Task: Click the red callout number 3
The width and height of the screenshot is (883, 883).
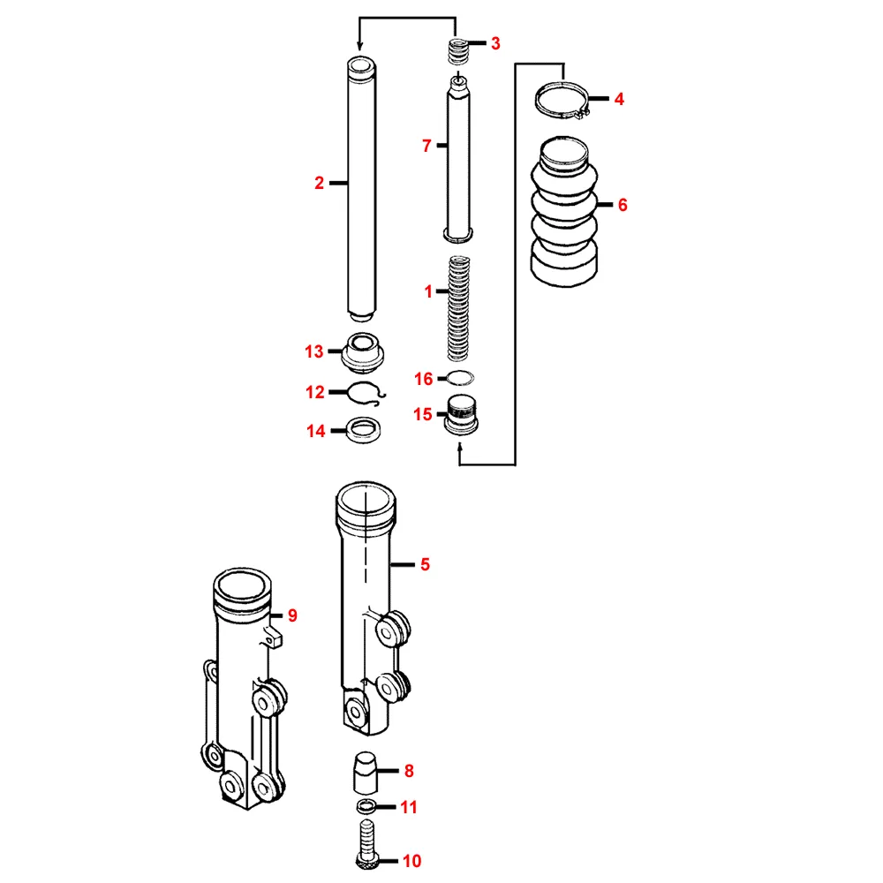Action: point(495,43)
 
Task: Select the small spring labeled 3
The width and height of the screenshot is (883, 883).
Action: point(457,51)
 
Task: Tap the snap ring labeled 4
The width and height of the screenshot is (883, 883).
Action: point(562,101)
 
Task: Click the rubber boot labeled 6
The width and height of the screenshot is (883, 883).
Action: point(563,211)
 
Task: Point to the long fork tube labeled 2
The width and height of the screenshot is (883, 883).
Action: point(361,189)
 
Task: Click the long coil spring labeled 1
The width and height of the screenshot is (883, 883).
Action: point(458,308)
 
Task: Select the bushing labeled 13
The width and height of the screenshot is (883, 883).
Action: point(363,352)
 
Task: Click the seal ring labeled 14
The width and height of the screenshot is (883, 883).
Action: point(363,430)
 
